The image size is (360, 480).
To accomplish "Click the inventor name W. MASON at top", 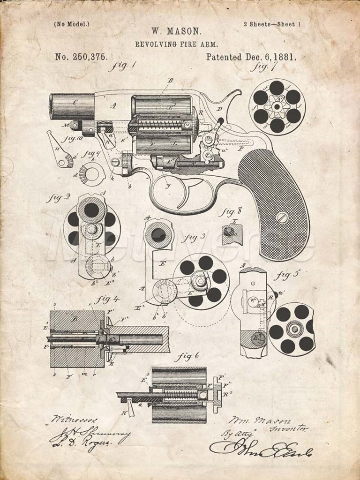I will tap(177, 32).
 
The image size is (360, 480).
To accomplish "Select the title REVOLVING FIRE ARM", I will tap(176, 44).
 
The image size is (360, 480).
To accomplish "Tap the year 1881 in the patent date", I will tap(283, 57).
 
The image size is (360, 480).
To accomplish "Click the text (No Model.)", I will tap(72, 24).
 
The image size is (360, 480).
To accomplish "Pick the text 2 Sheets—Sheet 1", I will tap(273, 24).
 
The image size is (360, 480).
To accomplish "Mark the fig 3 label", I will tap(196, 237).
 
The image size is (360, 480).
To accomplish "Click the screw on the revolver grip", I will tap(283, 217).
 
